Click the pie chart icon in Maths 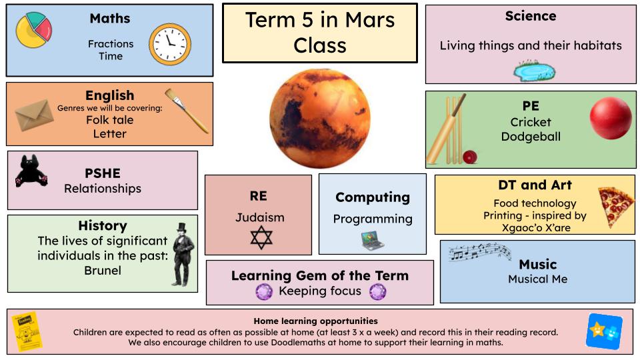tap(33, 30)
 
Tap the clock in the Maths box tap(170, 44)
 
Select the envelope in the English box tap(34, 115)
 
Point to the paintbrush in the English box tap(187, 111)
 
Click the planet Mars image tap(320, 119)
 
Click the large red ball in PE tap(611, 118)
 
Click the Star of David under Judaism tap(261, 237)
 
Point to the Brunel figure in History tap(183, 254)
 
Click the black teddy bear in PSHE tap(31, 171)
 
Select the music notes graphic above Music tap(480, 251)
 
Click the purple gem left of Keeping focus tap(264, 292)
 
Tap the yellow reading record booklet tap(26, 331)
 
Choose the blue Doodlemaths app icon tap(605, 331)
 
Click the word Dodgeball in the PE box tap(531, 136)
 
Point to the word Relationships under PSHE tap(103, 189)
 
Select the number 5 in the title tap(307, 20)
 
